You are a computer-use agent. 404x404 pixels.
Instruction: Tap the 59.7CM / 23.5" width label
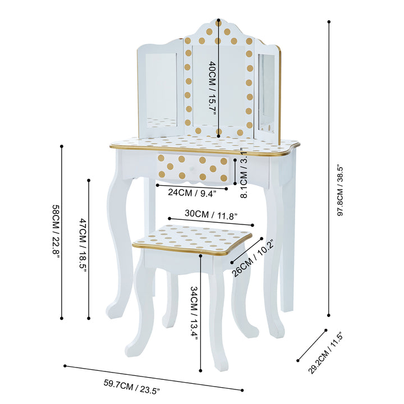click(x=132, y=387)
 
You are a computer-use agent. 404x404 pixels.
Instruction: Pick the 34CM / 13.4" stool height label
click(x=194, y=313)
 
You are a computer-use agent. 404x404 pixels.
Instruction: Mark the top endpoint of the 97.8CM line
click(x=329, y=22)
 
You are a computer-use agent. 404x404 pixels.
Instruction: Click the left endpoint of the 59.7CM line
click(x=65, y=366)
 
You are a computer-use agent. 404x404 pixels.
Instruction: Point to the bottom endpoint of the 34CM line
click(x=201, y=371)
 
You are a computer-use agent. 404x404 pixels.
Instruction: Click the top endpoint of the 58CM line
click(x=61, y=147)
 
